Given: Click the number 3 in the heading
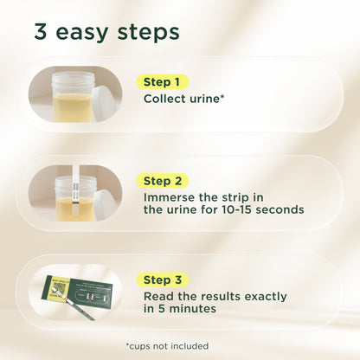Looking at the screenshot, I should pos(41,32).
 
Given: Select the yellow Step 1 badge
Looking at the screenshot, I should pos(164,82).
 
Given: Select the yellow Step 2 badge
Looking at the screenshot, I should pos(164,181).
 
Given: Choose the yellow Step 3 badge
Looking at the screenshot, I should pos(164,280).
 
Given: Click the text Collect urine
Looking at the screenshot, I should pos(184,99).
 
